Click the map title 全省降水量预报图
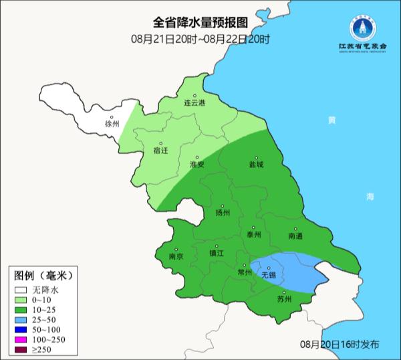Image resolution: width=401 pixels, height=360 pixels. (200, 24)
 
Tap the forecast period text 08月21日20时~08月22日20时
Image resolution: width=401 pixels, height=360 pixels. (200, 39)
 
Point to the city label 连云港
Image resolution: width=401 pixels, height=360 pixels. (194, 104)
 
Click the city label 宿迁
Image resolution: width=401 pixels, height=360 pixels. (160, 151)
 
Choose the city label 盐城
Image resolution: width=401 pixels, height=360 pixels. (256, 164)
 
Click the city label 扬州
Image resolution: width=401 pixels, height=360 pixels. (223, 213)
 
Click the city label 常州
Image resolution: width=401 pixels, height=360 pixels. (245, 273)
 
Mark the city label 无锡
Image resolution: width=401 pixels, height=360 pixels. (268, 274)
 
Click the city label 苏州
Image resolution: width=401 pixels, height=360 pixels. (285, 299)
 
